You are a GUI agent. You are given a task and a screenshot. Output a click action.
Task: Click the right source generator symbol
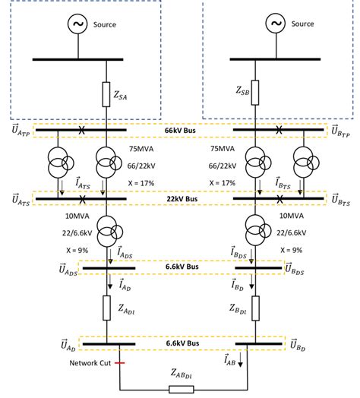(x=274, y=24)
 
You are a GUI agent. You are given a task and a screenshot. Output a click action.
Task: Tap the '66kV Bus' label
(x=180, y=131)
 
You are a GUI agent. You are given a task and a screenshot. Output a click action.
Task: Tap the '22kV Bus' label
(x=180, y=199)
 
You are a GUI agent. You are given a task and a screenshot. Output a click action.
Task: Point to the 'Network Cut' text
(x=68, y=363)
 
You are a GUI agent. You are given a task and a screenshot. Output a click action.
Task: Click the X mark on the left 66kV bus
(x=81, y=131)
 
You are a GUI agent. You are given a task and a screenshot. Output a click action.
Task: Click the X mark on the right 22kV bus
(x=280, y=199)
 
